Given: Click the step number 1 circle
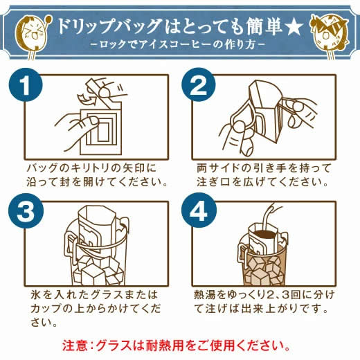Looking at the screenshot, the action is pos(26,84).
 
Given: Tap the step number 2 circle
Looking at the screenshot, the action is pos(199,84).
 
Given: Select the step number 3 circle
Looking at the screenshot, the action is pos(26,211).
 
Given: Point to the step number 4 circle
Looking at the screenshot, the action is pos(199,211).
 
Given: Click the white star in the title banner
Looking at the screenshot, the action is pos(294,27).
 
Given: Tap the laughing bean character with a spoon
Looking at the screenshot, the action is pos(33,35).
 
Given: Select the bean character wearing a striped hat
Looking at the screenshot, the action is pos(329,35).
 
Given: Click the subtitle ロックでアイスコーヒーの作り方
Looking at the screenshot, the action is pos(177,44).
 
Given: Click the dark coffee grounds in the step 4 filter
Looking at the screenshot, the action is pos(265,234).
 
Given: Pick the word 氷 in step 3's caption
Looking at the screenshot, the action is pos(36,295).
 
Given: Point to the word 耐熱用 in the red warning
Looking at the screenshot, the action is pos(165,345).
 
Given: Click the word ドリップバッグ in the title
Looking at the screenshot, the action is pos(109,26).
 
